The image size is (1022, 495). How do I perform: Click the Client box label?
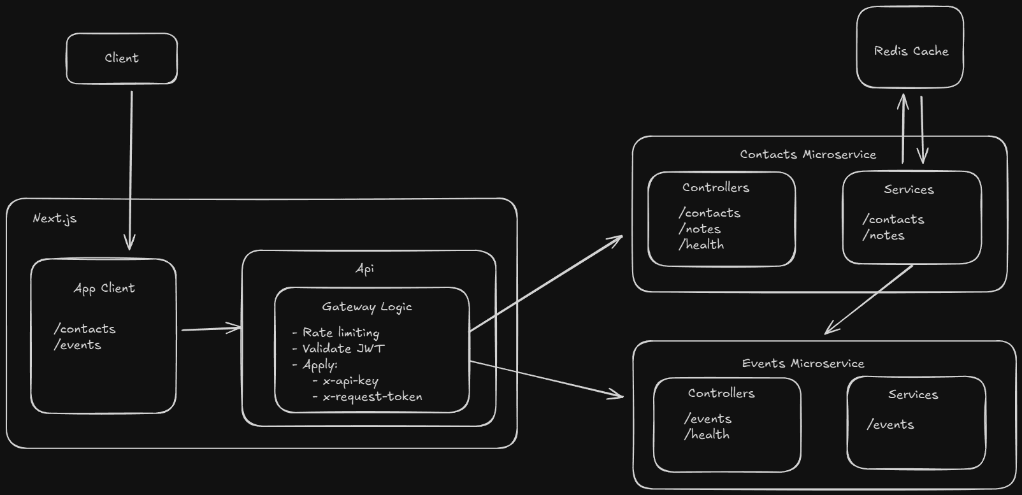(x=122, y=58)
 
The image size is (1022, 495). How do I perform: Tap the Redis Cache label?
(x=910, y=51)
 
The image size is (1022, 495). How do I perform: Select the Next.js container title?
(x=55, y=218)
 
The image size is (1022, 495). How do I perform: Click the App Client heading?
(x=104, y=288)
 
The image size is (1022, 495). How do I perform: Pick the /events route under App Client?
(x=78, y=345)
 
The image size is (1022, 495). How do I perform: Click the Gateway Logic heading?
(x=367, y=306)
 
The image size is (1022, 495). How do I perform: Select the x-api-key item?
(x=350, y=380)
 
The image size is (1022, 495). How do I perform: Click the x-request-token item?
(x=372, y=396)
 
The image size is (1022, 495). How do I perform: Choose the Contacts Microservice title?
(x=808, y=154)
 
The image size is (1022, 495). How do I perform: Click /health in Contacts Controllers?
(x=702, y=245)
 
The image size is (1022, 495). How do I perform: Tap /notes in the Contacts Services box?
(x=884, y=235)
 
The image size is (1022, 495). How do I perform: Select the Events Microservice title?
(x=803, y=363)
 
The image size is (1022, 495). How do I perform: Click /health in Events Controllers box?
(x=707, y=434)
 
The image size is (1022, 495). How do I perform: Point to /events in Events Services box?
(x=890, y=424)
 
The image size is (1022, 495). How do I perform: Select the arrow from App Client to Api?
(x=211, y=329)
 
